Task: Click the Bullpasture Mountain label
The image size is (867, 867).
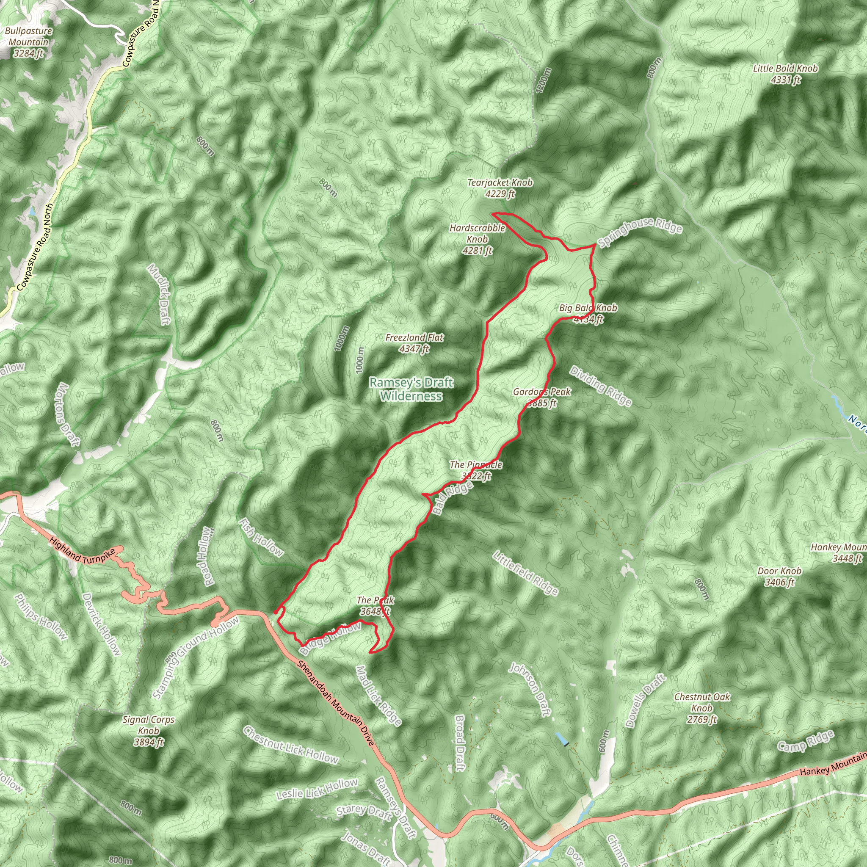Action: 29,42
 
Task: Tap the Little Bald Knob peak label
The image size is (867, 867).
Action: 785,74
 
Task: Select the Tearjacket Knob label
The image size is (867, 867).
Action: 500,188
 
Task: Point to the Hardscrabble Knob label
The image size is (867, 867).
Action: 478,239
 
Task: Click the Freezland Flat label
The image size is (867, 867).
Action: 414,343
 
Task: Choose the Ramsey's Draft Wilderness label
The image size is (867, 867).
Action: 411,389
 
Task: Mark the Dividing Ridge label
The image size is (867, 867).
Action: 601,386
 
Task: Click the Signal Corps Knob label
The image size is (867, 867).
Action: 149,731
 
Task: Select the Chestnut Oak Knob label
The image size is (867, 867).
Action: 702,708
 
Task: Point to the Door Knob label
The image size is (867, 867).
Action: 779,577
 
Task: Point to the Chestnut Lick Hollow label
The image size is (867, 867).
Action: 290,745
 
